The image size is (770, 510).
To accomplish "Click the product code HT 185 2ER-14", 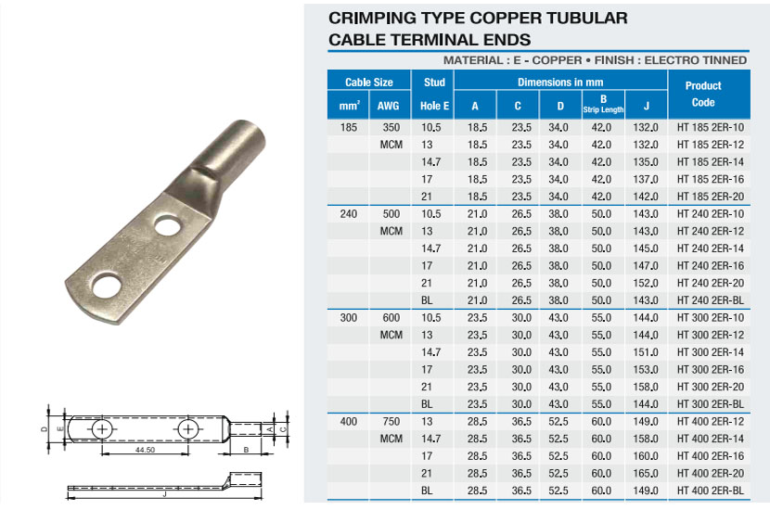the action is coord(710,162).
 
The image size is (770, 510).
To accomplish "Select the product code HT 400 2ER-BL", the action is coord(710,491).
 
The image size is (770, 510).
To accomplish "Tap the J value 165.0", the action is coord(646,473).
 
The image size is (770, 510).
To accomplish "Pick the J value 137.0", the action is coord(646,179).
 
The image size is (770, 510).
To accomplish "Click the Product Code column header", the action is coord(703,94).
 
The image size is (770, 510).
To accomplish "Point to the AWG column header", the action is coord(388,106).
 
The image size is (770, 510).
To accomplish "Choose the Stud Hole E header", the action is coord(434,94).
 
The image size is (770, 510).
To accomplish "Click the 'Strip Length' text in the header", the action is coord(603,110).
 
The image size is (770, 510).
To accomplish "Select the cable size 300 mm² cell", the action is coord(349,317).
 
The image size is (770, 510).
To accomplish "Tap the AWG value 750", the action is coord(391,421).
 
